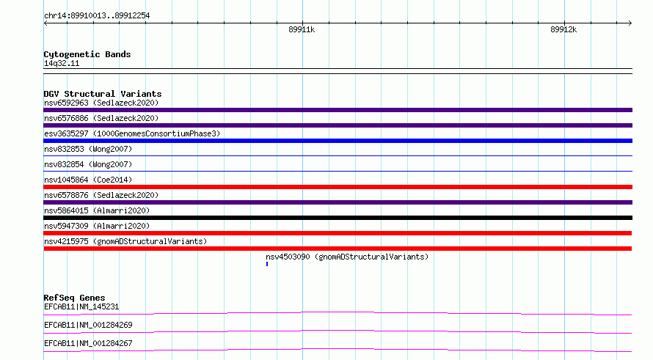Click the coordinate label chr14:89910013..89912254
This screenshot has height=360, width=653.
coord(97,16)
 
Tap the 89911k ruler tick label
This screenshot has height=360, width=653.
coord(302,29)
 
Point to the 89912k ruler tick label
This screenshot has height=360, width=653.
coord(563,29)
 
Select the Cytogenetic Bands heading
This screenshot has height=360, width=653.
coord(87,54)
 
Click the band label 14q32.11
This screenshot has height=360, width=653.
coord(62,63)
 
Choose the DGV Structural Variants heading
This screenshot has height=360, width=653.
coord(103,94)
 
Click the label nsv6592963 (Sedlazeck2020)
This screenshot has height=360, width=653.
coord(101,103)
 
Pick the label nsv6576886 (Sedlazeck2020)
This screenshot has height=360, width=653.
coord(101,118)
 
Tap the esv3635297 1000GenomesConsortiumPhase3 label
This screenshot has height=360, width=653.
coord(132,133)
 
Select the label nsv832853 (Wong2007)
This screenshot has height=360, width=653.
coord(88,149)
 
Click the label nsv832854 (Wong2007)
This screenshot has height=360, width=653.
coord(88,164)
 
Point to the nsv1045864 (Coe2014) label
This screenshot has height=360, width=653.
coord(88,180)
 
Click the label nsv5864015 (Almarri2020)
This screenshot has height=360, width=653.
coord(97,210)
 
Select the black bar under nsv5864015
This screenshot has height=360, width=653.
coord(338,218)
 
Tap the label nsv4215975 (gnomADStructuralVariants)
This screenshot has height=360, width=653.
coord(125,241)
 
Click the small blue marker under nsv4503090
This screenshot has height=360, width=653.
coord(267,264)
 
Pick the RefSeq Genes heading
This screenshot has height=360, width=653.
coord(74,298)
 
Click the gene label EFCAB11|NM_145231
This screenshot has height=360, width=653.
coord(81,306)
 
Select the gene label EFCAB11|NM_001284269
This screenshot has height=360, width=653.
coord(88,325)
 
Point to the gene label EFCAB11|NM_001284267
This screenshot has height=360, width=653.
coord(88,343)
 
